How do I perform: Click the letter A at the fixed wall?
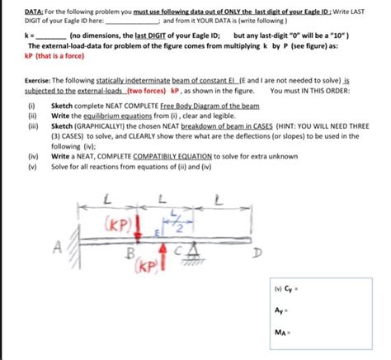pos(57,245)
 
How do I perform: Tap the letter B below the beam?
pos(127,253)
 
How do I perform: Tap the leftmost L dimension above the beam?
pos(107,198)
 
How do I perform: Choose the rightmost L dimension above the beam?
pos(218,198)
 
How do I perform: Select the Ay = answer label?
pos(283,311)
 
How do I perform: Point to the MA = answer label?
pos(284,333)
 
